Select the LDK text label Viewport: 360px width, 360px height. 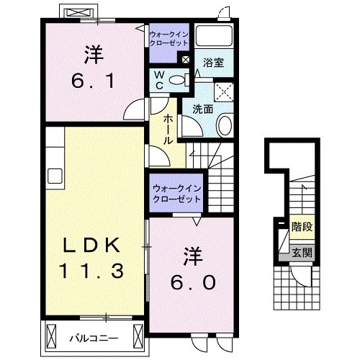(x=90, y=244)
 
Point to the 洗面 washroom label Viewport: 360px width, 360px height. (x=202, y=109)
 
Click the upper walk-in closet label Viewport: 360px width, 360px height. (x=168, y=38)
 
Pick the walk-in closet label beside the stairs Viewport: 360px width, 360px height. (x=176, y=194)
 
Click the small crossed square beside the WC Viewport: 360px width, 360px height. (x=186, y=60)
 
